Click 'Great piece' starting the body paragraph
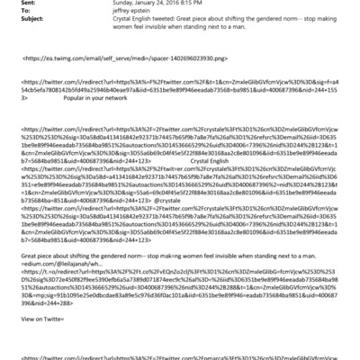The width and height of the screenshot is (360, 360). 36,256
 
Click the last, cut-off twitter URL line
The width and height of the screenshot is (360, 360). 180,356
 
